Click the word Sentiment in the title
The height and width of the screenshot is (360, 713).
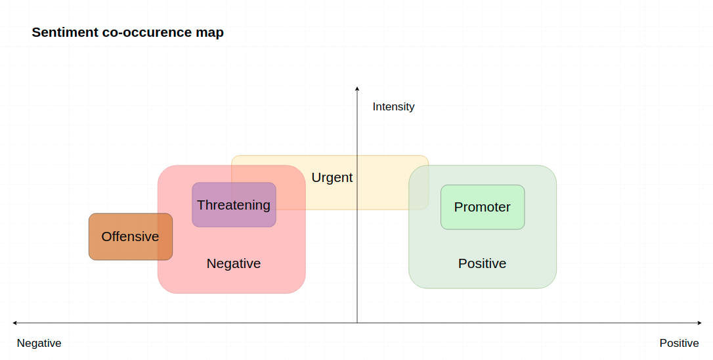[65, 32]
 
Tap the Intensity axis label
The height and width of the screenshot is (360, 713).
[393, 106]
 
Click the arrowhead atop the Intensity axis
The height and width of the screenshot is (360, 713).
[357, 89]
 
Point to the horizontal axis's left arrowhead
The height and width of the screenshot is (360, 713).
[15, 323]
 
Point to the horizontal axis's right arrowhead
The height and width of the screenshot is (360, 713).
[699, 323]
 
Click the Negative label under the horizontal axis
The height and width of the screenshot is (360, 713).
[39, 343]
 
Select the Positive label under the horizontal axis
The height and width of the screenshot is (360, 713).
[679, 343]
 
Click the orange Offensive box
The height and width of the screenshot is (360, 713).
[131, 236]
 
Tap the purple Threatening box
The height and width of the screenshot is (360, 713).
[234, 205]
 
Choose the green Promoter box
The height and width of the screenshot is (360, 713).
[483, 207]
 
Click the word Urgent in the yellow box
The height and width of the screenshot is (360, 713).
[332, 177]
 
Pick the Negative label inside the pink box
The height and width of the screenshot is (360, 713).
[234, 263]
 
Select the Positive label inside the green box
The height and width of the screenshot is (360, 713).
[482, 263]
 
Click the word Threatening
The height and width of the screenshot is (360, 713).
[234, 205]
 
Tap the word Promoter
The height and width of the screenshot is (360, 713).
[483, 207]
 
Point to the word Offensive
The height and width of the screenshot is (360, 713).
[130, 236]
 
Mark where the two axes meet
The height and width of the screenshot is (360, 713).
[357, 323]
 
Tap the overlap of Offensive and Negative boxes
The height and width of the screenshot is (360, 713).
[165, 236]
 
